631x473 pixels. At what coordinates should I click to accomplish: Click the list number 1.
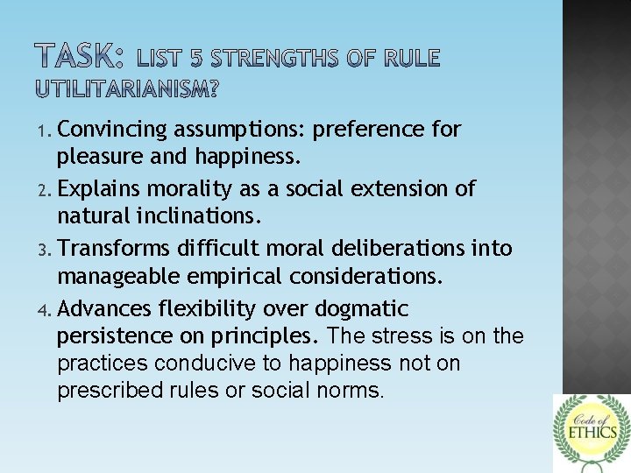(x=47, y=131)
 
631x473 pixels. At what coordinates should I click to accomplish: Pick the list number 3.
(x=47, y=251)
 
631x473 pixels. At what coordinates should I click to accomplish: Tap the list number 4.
(x=47, y=310)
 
